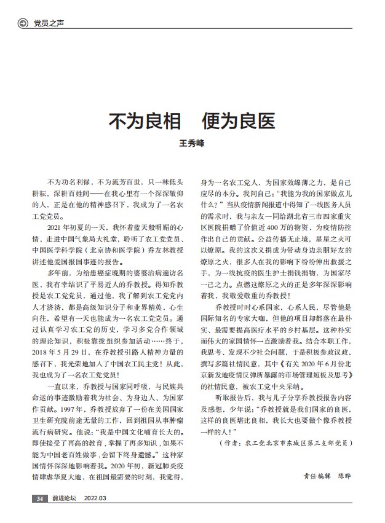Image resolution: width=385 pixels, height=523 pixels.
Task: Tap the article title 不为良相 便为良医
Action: coord(192,120)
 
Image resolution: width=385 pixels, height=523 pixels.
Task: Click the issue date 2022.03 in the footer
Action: coord(95,498)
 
